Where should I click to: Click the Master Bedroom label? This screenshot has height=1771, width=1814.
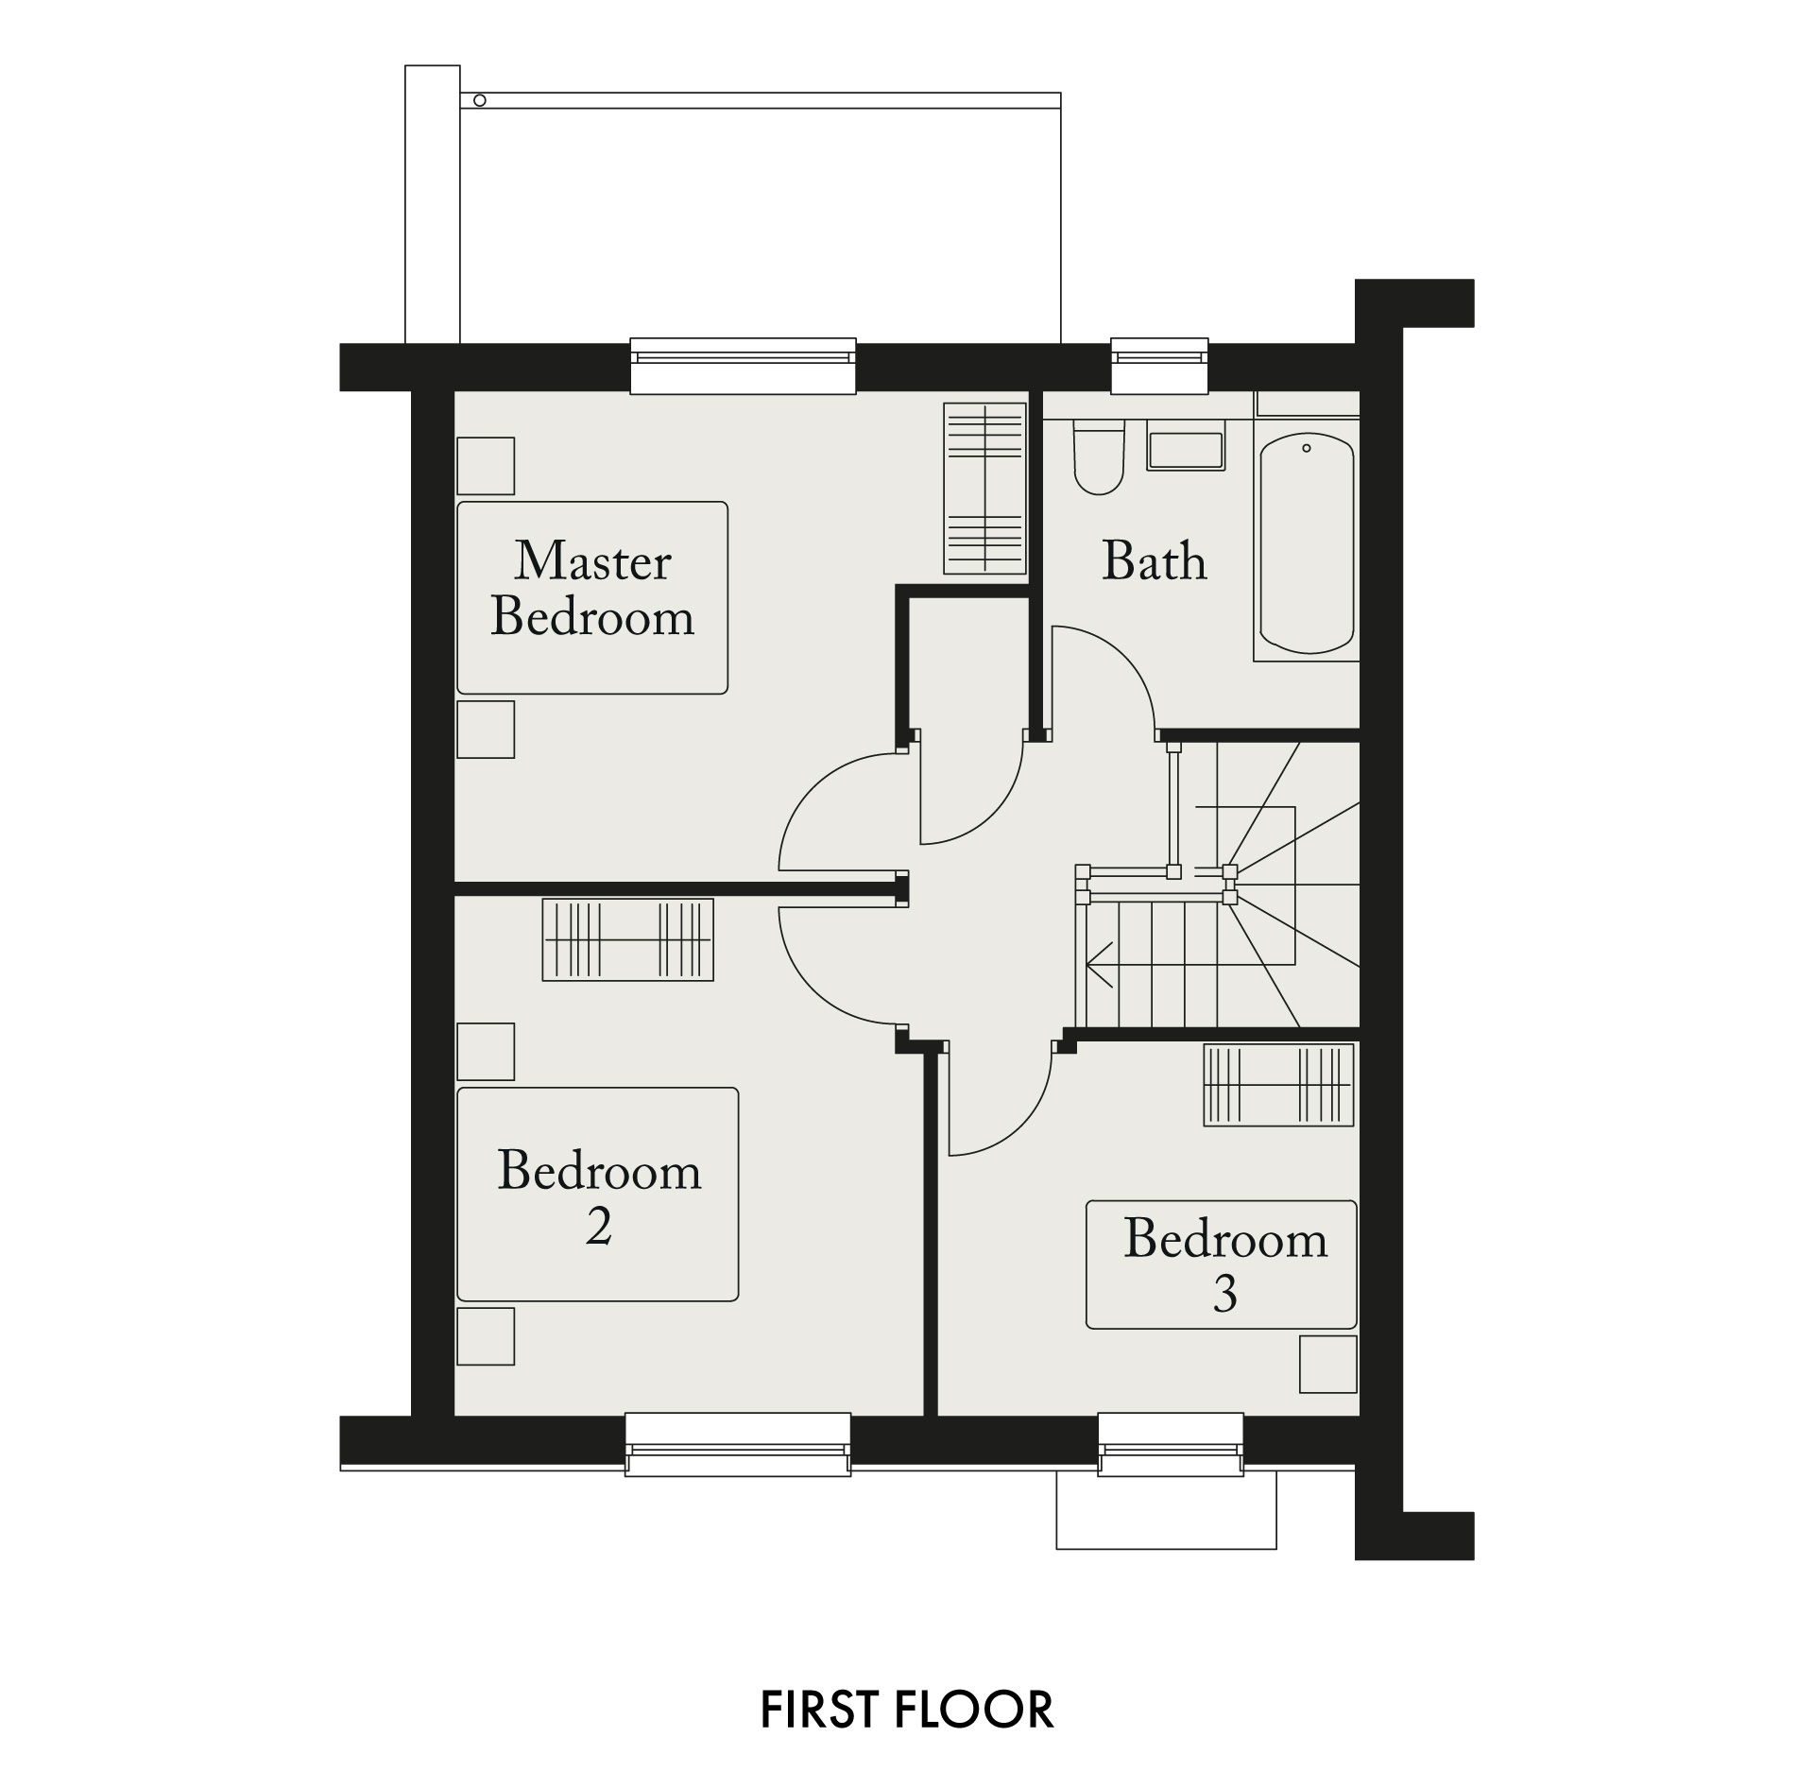[593, 588]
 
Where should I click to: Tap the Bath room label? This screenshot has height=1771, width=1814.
[1155, 560]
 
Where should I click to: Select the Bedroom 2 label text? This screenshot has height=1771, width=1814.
[599, 1198]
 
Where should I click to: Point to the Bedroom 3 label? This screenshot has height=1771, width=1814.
[1225, 1265]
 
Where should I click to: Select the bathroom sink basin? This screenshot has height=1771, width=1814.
[1186, 451]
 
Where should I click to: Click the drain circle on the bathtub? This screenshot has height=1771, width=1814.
[1307, 448]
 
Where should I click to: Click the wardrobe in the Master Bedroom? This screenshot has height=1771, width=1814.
[984, 488]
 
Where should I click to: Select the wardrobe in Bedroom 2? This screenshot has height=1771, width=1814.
[627, 939]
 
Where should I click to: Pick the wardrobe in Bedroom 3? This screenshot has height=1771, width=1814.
[1278, 1084]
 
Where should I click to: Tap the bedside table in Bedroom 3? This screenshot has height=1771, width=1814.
[1327, 1364]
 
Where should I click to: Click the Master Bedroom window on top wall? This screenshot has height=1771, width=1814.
[743, 366]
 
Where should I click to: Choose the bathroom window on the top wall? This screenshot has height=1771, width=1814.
[1159, 366]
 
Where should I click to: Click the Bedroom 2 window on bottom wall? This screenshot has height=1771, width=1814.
[738, 1444]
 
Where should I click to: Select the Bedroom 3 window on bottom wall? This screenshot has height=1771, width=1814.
[1171, 1444]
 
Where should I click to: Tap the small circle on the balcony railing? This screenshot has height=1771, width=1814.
[480, 100]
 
